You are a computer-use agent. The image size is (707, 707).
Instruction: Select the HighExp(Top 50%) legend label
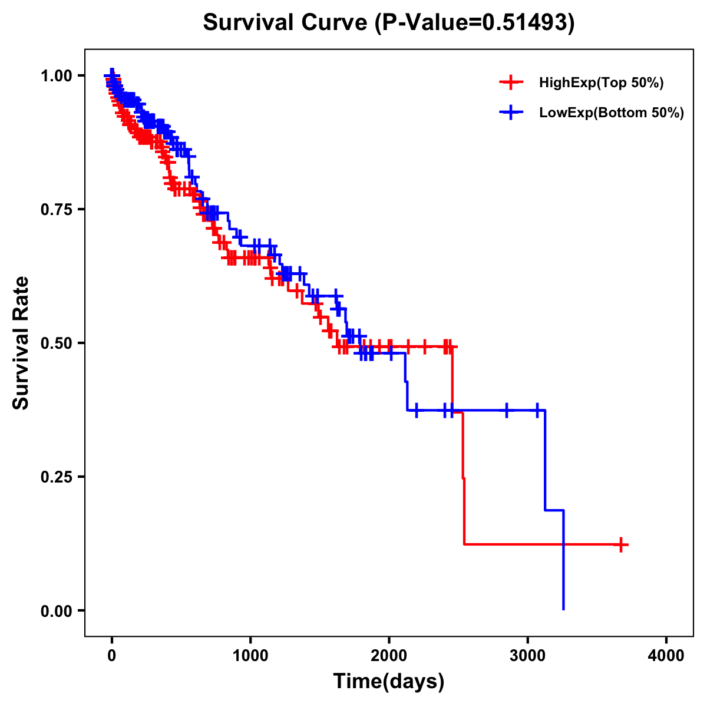(x=601, y=83)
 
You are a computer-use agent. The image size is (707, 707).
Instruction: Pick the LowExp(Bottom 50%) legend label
(x=612, y=113)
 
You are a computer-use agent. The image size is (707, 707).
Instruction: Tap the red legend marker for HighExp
(x=511, y=83)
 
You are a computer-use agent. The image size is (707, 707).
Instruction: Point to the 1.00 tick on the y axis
(x=56, y=75)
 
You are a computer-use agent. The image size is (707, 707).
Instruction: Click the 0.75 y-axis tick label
(x=56, y=209)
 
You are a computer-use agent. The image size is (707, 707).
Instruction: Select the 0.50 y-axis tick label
(x=56, y=343)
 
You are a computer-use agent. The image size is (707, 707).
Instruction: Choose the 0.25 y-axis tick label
(x=56, y=477)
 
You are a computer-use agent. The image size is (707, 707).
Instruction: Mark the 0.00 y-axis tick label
(x=56, y=610)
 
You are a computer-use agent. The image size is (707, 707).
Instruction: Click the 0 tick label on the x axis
(x=112, y=656)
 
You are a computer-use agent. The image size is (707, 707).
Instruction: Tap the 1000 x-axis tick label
(x=250, y=656)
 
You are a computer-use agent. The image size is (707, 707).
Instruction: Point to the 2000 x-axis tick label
(x=389, y=656)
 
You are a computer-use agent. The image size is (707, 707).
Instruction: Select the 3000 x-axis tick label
(x=528, y=656)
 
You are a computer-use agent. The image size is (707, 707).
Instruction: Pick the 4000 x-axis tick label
(x=666, y=656)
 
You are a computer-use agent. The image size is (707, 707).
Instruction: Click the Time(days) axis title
(x=389, y=682)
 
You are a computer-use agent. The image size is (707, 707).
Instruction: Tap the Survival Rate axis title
(x=21, y=343)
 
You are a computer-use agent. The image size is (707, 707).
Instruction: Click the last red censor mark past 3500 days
(x=621, y=545)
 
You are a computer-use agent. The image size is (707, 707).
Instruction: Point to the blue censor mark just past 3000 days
(x=537, y=410)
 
